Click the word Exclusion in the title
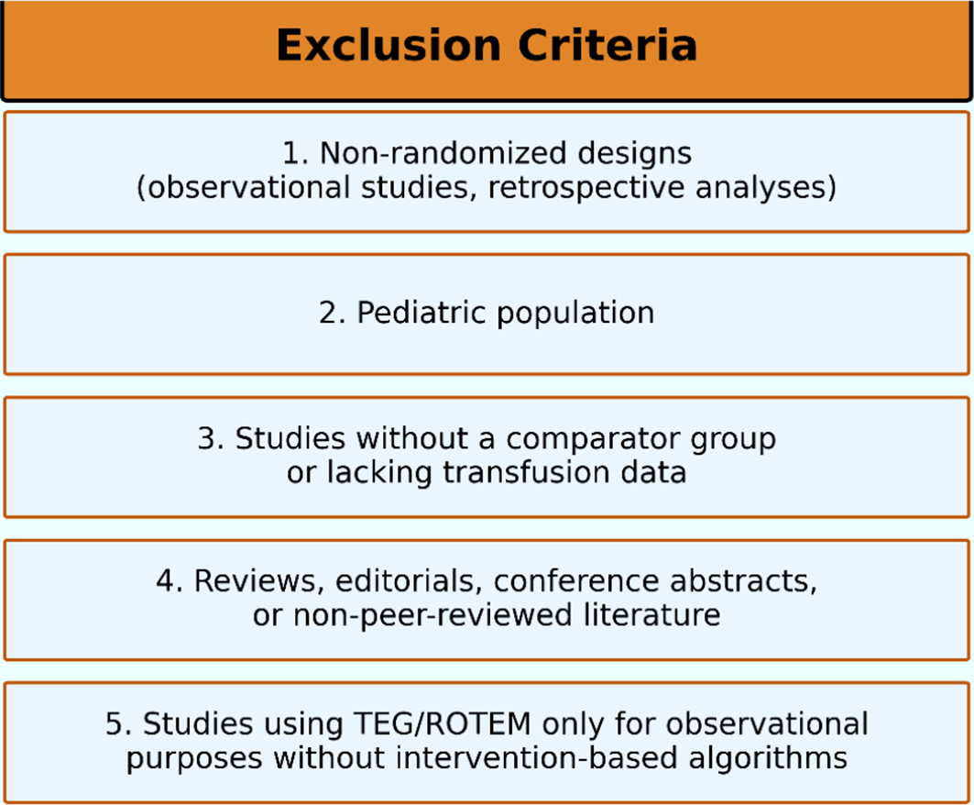[x=389, y=45]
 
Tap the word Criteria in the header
[x=607, y=45]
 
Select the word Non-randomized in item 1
[x=443, y=153]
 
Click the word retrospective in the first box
[x=585, y=187]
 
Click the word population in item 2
[x=575, y=314]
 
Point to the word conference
[x=576, y=582]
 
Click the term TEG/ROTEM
[x=443, y=724]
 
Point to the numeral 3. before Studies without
[x=211, y=439]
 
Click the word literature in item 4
[x=652, y=615]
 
